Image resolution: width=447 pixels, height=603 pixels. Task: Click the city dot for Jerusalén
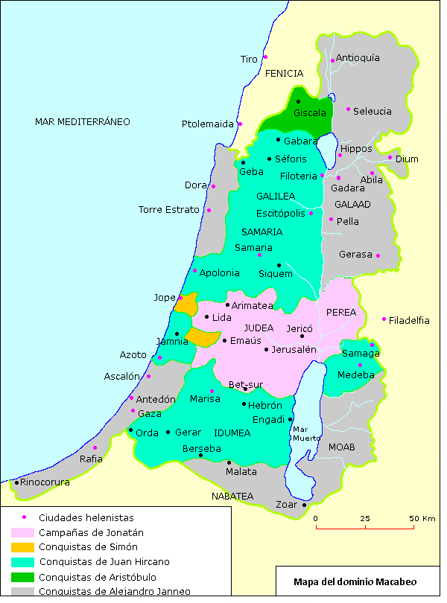[267, 349]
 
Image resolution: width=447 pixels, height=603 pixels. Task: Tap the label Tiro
[249, 59]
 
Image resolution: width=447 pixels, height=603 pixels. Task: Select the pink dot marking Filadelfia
[384, 319]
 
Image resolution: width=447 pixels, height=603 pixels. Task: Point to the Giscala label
[310, 113]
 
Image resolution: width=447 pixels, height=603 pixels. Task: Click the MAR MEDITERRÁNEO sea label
[83, 121]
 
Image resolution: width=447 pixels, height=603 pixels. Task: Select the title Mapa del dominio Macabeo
[355, 581]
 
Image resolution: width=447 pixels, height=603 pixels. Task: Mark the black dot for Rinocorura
[16, 482]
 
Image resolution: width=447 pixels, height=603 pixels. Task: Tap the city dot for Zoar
[305, 505]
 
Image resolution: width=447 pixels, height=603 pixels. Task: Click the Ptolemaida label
[208, 124]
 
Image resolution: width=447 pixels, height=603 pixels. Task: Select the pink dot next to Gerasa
[378, 255]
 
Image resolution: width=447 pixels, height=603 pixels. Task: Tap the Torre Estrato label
[170, 210]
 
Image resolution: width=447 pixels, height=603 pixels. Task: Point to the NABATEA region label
[232, 496]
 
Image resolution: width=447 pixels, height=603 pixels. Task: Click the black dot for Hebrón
[244, 404]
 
